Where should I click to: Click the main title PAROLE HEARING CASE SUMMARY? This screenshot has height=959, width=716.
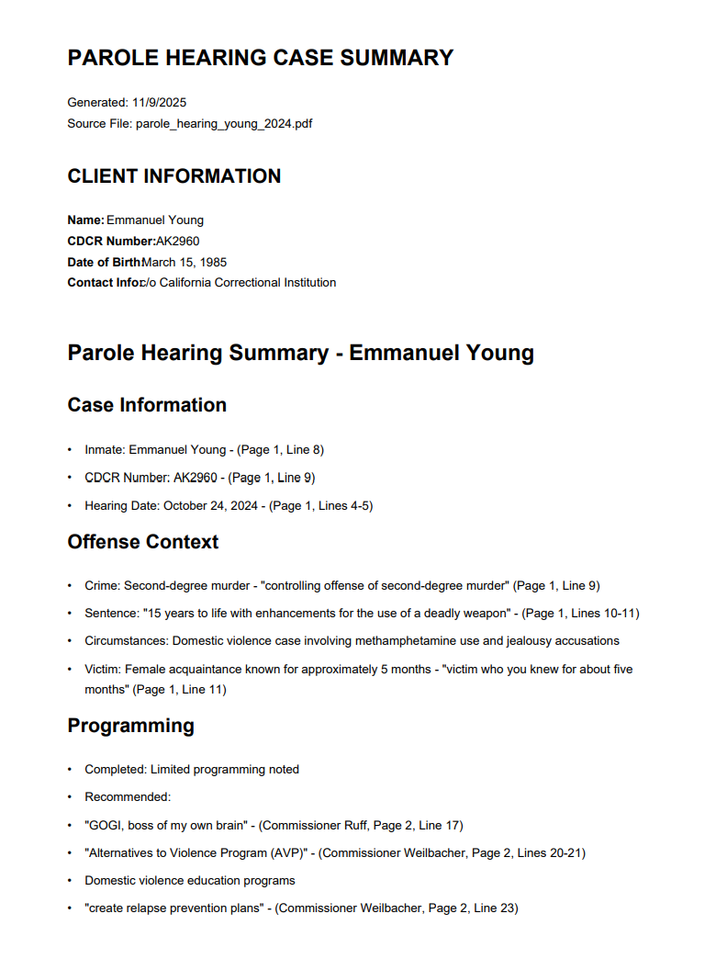pyautogui.click(x=261, y=58)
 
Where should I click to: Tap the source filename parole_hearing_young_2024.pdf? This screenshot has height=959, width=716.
pyautogui.click(x=224, y=123)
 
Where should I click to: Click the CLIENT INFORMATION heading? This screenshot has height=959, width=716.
pyautogui.click(x=174, y=176)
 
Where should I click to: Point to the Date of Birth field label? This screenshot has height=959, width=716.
pyautogui.click(x=104, y=262)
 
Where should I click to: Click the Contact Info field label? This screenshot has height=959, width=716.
pyautogui.click(x=104, y=283)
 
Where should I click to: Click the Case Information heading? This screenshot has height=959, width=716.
pyautogui.click(x=147, y=405)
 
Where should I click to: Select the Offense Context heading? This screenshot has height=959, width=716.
pyautogui.click(x=143, y=542)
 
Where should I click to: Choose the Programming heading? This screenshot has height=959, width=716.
pyautogui.click(x=130, y=726)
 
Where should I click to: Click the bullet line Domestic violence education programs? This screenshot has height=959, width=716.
pyautogui.click(x=190, y=880)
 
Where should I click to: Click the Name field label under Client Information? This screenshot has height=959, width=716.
pyautogui.click(x=85, y=220)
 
